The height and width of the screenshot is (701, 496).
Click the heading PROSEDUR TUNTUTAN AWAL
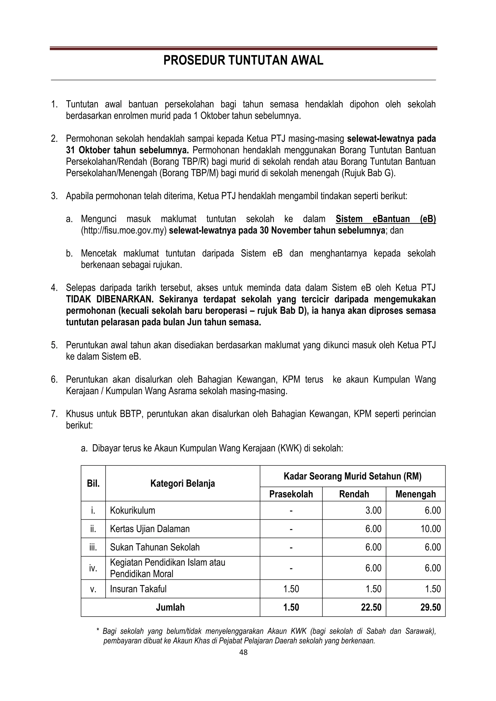[x=243, y=61]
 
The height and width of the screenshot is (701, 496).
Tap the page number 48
[x=243, y=652]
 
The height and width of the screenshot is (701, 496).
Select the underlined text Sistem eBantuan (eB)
[x=385, y=219]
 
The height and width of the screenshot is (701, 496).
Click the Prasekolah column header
[x=291, y=494]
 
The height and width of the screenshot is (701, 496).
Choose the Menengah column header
[x=415, y=494]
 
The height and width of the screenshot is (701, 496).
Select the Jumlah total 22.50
[x=371, y=607]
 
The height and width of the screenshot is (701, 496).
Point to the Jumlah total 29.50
[x=430, y=607]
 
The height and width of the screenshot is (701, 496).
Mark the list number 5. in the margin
[x=54, y=345]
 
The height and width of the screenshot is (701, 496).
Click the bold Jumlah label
[x=170, y=607]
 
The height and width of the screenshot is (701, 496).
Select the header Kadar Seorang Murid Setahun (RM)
[x=352, y=476]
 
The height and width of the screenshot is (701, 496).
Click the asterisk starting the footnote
[x=98, y=630]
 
